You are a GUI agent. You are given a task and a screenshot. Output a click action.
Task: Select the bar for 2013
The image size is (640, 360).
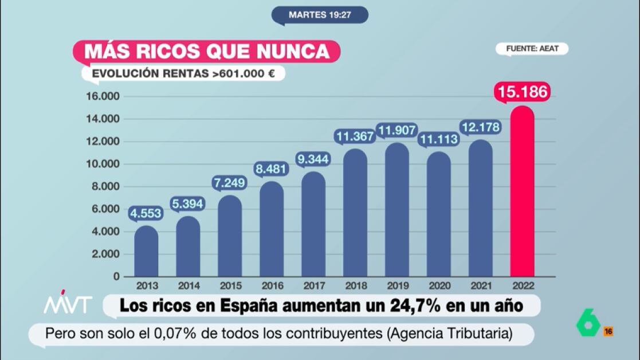[146, 252]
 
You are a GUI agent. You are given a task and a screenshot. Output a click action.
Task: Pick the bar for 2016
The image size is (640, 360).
[272, 229]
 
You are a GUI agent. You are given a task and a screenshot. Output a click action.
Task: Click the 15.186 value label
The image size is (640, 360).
[523, 92]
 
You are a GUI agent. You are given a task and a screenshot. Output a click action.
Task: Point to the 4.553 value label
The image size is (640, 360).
[146, 213]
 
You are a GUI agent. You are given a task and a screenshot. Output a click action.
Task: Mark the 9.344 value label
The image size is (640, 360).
[313, 159]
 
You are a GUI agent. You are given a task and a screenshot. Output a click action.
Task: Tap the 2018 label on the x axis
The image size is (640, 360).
[355, 285]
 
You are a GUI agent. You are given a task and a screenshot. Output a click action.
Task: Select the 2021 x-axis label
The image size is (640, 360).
[480, 285]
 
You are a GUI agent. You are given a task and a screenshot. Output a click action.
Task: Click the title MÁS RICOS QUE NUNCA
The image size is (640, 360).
[206, 51]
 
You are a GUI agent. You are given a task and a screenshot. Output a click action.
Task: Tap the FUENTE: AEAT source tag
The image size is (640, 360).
[532, 49]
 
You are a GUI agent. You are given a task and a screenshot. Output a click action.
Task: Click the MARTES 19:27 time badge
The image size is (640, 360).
[320, 15]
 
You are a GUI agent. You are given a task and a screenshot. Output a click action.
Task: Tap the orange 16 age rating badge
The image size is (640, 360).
[608, 331]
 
